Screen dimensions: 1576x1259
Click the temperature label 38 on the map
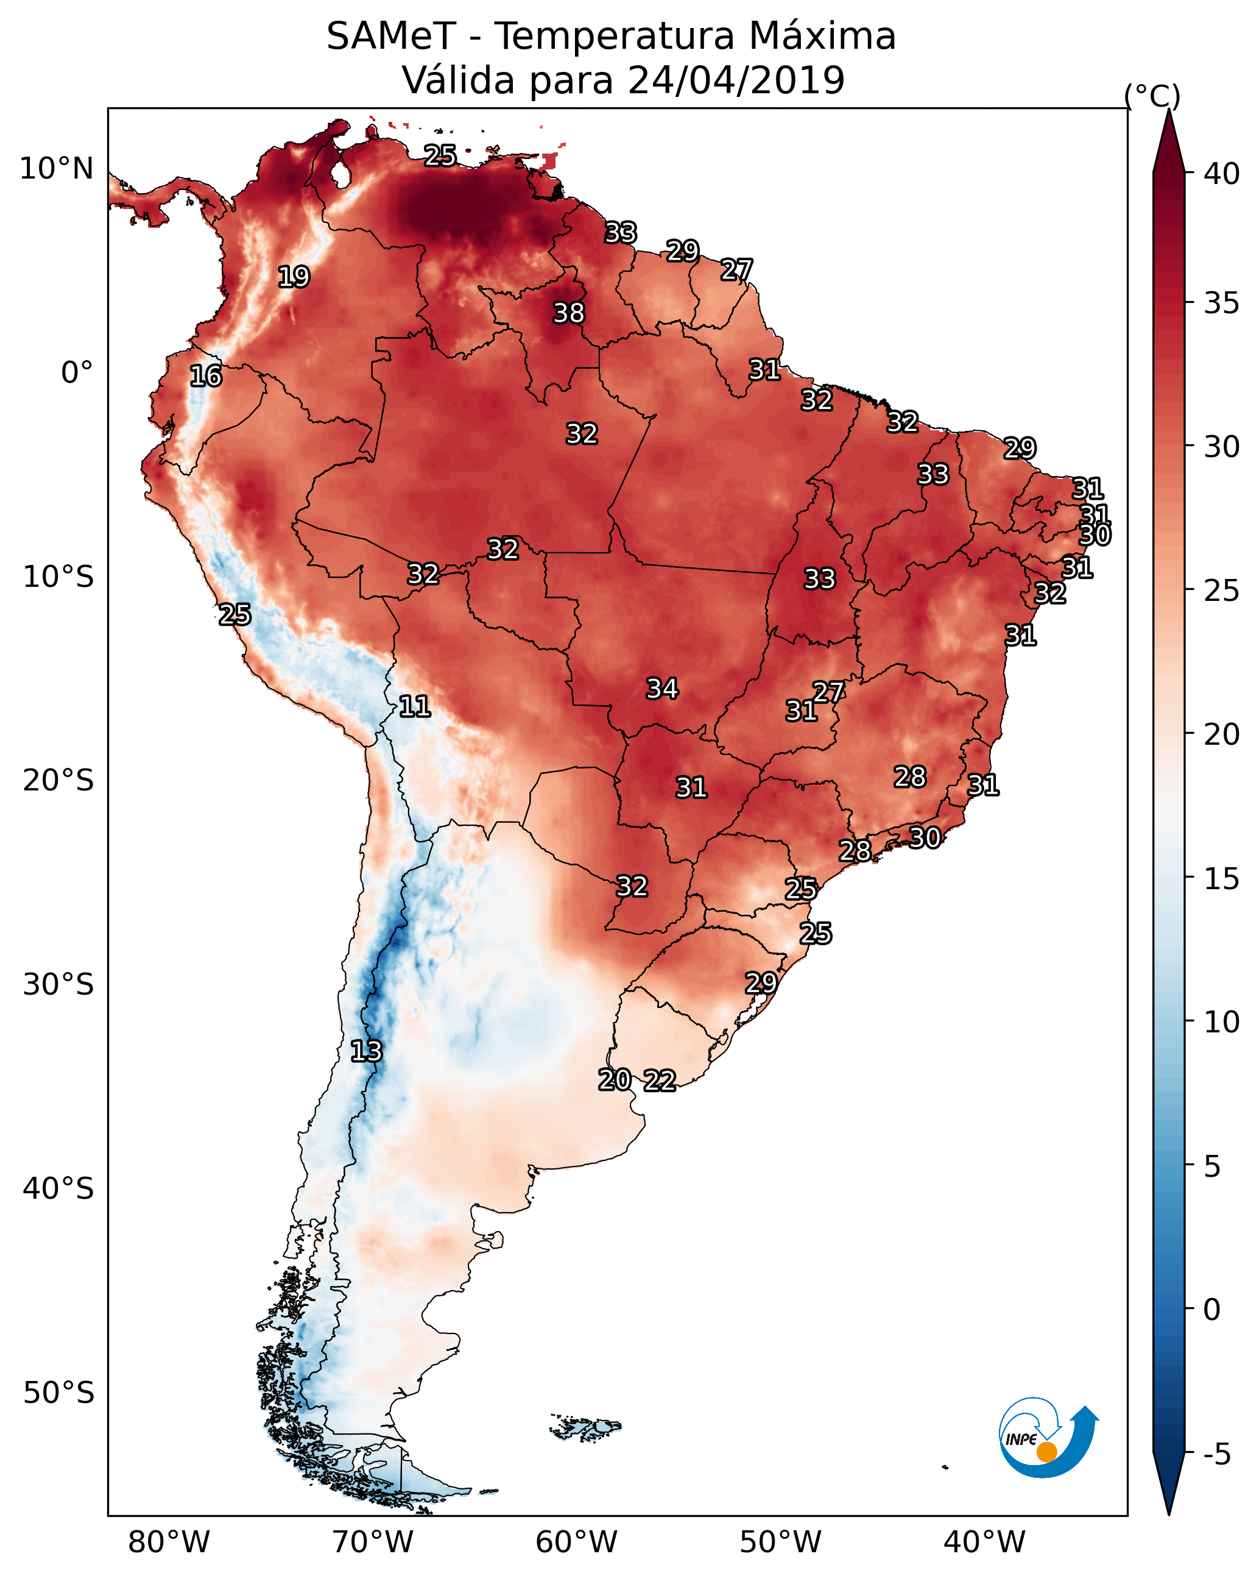coord(568,313)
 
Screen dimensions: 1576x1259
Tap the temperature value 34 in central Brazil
coord(662,689)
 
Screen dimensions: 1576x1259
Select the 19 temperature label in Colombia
coord(294,277)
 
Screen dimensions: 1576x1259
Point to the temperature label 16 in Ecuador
coord(205,376)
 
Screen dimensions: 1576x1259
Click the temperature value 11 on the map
coord(414,706)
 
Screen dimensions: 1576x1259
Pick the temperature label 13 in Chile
coord(365,1051)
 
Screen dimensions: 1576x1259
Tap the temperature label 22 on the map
coord(659,1081)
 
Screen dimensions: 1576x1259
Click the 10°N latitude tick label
coord(56,169)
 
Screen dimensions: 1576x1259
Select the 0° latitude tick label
coord(77,373)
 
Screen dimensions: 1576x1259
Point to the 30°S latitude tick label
coord(58,985)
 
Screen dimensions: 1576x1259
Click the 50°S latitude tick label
coord(58,1393)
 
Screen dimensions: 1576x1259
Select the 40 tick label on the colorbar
coord(1222,174)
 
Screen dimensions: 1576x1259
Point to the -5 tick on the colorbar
coord(1216,1455)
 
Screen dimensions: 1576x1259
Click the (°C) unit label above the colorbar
coord(1152,96)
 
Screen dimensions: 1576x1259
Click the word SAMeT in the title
coord(391,37)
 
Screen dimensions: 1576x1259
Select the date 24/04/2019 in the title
coord(736,80)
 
